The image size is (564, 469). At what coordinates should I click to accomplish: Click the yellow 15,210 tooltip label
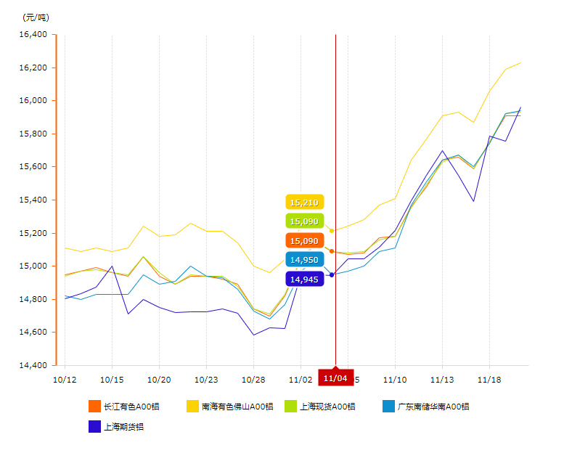[304, 202]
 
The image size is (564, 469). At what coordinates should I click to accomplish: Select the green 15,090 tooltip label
[304, 221]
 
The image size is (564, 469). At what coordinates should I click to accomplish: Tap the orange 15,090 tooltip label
[304, 241]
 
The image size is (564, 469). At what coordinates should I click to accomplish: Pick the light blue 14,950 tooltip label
[304, 260]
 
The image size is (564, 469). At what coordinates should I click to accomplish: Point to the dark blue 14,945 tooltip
[304, 280]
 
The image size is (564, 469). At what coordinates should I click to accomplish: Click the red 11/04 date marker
[335, 378]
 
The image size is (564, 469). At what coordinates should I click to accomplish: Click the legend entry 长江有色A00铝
[124, 407]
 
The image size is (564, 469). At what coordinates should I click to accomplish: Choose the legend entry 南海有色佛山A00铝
[230, 407]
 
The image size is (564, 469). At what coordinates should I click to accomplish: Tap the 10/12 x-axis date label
[65, 380]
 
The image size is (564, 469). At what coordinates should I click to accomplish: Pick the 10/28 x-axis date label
[253, 380]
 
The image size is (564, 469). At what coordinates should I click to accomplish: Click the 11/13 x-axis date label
[442, 380]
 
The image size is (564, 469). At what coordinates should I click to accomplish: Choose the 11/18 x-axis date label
[489, 380]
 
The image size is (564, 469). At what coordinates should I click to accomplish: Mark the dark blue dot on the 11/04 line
[332, 274]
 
